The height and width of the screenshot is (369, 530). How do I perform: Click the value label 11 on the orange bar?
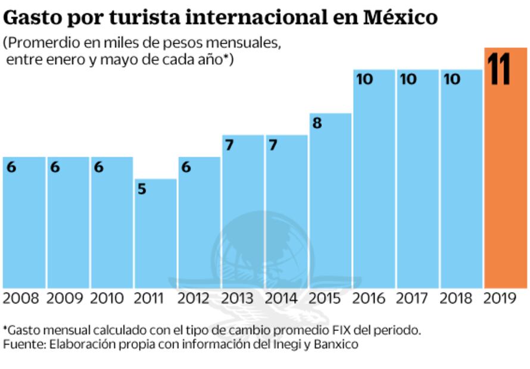click(x=499, y=70)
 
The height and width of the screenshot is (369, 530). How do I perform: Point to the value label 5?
click(x=142, y=189)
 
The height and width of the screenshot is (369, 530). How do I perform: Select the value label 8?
click(x=317, y=124)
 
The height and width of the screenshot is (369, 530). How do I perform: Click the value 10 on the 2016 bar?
click(x=364, y=79)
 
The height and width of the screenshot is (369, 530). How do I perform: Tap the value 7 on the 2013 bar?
click(x=229, y=145)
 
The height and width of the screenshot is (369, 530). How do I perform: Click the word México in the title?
click(x=400, y=17)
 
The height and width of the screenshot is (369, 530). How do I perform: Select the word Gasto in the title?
click(x=31, y=17)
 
